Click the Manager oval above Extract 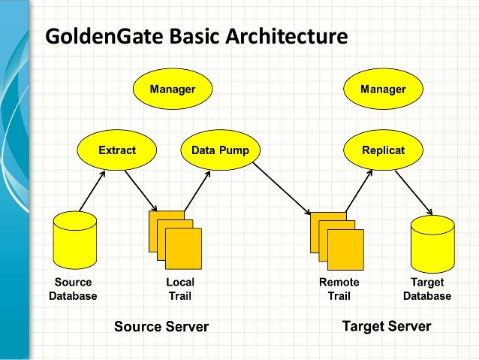tap(173, 89)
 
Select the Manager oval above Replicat tap(383, 89)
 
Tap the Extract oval tap(117, 150)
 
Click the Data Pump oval tap(220, 150)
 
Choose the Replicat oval tap(383, 150)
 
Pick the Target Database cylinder tap(432, 244)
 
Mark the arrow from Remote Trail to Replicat tap(357, 189)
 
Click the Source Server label tap(161, 326)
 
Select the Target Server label tap(387, 326)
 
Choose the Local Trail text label tap(179, 289)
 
